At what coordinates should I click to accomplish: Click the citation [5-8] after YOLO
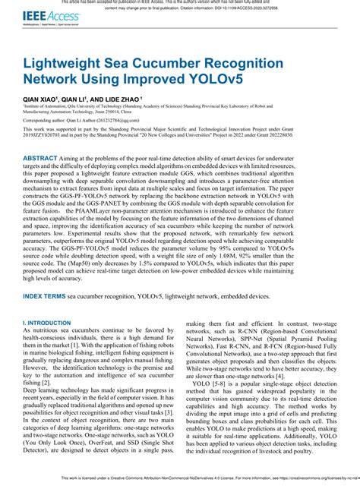pyautogui.click(x=219, y=385)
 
